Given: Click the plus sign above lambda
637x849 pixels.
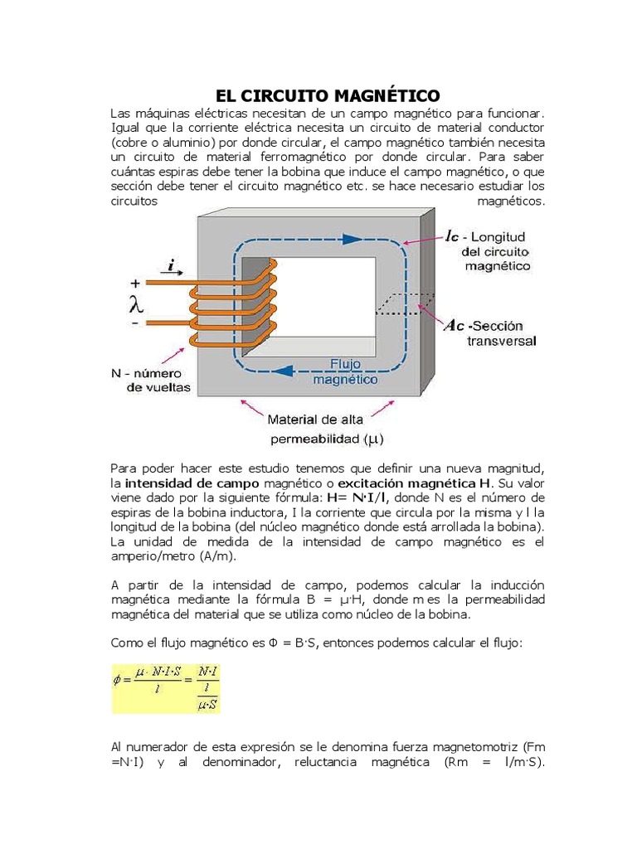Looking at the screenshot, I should pyautogui.click(x=135, y=282).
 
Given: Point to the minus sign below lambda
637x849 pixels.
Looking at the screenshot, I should pyautogui.click(x=134, y=322).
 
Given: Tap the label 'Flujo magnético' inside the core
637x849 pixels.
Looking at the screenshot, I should pyautogui.click(x=342, y=371).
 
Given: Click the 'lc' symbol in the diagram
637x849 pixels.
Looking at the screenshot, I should pyautogui.click(x=452, y=236).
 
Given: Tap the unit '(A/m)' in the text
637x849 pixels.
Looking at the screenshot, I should pyautogui.click(x=195, y=557).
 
